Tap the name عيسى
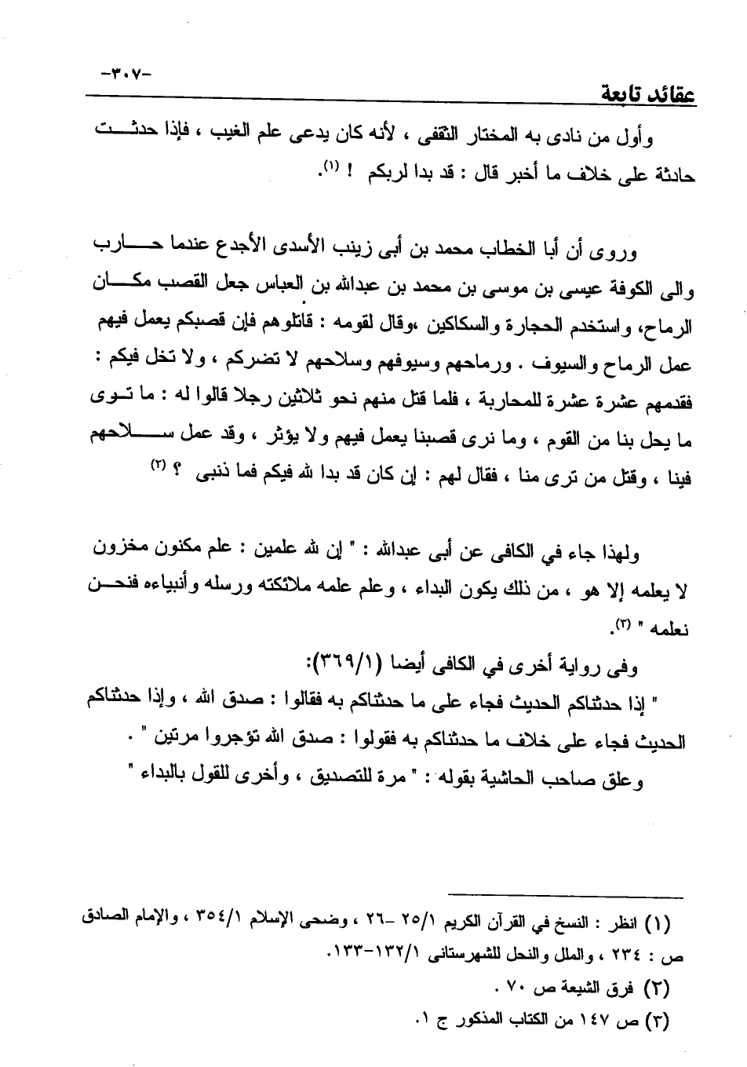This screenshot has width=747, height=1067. click(x=577, y=288)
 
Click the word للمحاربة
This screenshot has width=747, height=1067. click(x=520, y=403)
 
